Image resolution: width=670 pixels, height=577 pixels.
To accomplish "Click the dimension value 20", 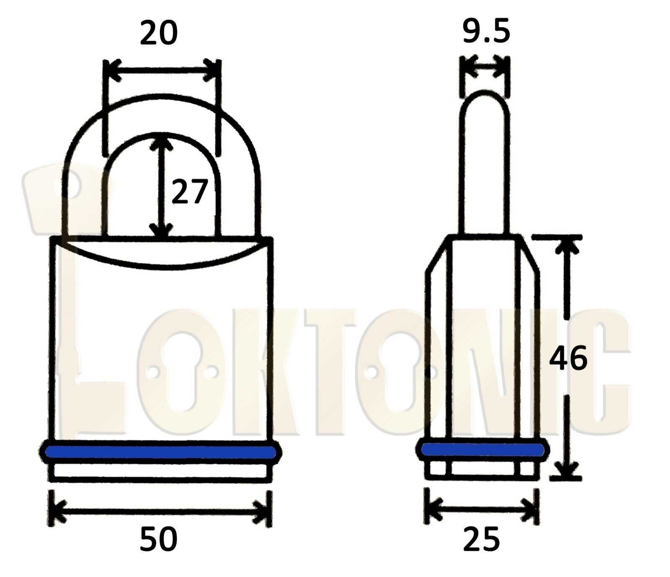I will pyautogui.click(x=159, y=34).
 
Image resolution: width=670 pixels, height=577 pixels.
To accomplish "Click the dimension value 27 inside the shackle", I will pyautogui.click(x=190, y=192).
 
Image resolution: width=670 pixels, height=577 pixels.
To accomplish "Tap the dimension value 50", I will pyautogui.click(x=159, y=539).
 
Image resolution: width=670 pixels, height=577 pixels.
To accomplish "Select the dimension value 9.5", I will pyautogui.click(x=486, y=31).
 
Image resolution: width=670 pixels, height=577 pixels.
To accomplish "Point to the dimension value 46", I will pyautogui.click(x=568, y=359).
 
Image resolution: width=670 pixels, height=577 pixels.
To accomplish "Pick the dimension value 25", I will pyautogui.click(x=482, y=539).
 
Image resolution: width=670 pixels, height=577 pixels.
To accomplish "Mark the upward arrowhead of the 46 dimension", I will pyautogui.click(x=567, y=245).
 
